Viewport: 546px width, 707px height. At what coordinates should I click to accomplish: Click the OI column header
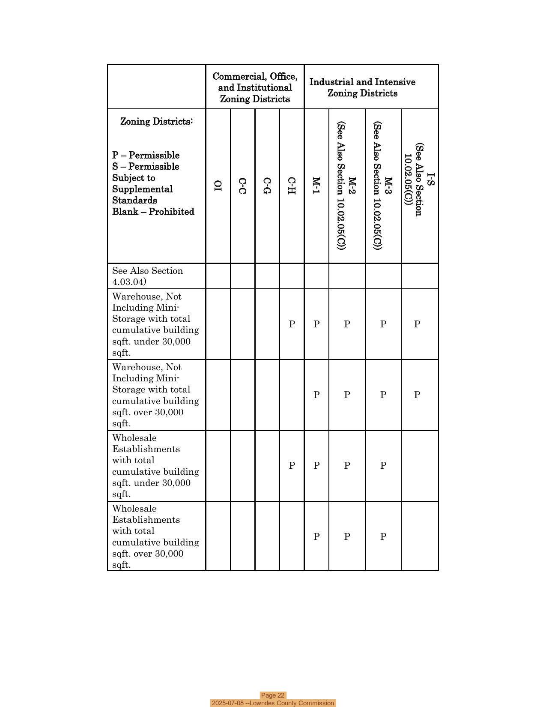coord(218,186)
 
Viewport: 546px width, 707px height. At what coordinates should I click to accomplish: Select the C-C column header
coord(242,186)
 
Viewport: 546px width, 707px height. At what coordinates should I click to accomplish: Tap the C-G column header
coord(267,186)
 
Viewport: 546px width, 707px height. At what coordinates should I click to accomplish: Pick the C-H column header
coord(292,186)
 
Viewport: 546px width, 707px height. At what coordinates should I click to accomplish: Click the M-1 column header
coord(316,186)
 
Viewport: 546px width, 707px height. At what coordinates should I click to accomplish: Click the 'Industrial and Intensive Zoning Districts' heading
coord(362,87)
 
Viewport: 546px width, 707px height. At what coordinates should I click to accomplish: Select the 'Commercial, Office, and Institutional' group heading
coord(255,87)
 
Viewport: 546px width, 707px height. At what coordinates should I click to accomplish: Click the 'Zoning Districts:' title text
coord(156,121)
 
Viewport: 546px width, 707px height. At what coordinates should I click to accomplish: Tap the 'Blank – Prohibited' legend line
coord(153,212)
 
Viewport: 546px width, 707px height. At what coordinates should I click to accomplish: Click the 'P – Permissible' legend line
coord(146,155)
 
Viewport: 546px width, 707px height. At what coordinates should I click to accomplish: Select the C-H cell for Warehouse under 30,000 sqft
coord(292,324)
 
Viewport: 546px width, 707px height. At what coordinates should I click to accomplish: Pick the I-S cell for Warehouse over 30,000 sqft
coord(417,395)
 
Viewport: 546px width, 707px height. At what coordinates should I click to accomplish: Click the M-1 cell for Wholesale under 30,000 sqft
coord(316,466)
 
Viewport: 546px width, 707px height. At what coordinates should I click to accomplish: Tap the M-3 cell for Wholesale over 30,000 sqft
coord(383,536)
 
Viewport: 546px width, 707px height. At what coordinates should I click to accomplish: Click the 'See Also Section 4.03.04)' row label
coord(147,276)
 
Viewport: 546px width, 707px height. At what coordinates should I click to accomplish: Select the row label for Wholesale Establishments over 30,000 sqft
coord(155,536)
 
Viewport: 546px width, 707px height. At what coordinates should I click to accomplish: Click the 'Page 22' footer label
coord(273,695)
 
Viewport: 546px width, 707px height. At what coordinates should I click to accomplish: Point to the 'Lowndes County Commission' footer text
coord(292,703)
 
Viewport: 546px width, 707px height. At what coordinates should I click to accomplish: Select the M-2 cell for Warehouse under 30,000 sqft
coord(347,324)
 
